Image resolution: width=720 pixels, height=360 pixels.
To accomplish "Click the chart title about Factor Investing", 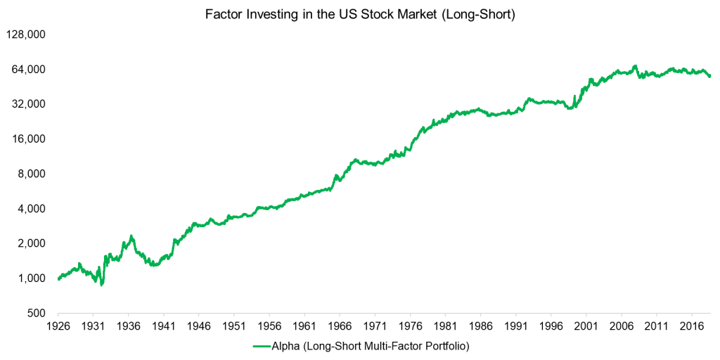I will (360, 15).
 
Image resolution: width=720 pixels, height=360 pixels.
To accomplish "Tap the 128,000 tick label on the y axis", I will (26, 34).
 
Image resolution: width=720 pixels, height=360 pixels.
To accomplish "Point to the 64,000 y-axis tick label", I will (29, 70).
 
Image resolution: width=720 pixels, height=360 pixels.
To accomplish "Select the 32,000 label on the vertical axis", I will (29, 104).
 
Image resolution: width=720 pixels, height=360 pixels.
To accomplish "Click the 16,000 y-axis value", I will (29, 139).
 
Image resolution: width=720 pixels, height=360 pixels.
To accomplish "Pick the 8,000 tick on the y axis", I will (32, 174).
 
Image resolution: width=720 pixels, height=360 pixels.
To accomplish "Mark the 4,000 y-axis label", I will (32, 209).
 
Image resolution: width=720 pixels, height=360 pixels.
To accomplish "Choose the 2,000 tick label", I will (32, 243).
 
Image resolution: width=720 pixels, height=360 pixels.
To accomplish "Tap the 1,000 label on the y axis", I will (32, 278).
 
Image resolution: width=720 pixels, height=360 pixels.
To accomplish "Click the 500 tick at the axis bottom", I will (37, 313).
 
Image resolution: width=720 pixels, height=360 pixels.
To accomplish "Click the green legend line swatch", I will (262, 346).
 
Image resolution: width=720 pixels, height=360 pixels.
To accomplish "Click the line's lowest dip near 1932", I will (102, 285).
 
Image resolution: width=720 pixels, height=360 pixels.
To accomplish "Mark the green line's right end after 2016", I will (709, 76).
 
